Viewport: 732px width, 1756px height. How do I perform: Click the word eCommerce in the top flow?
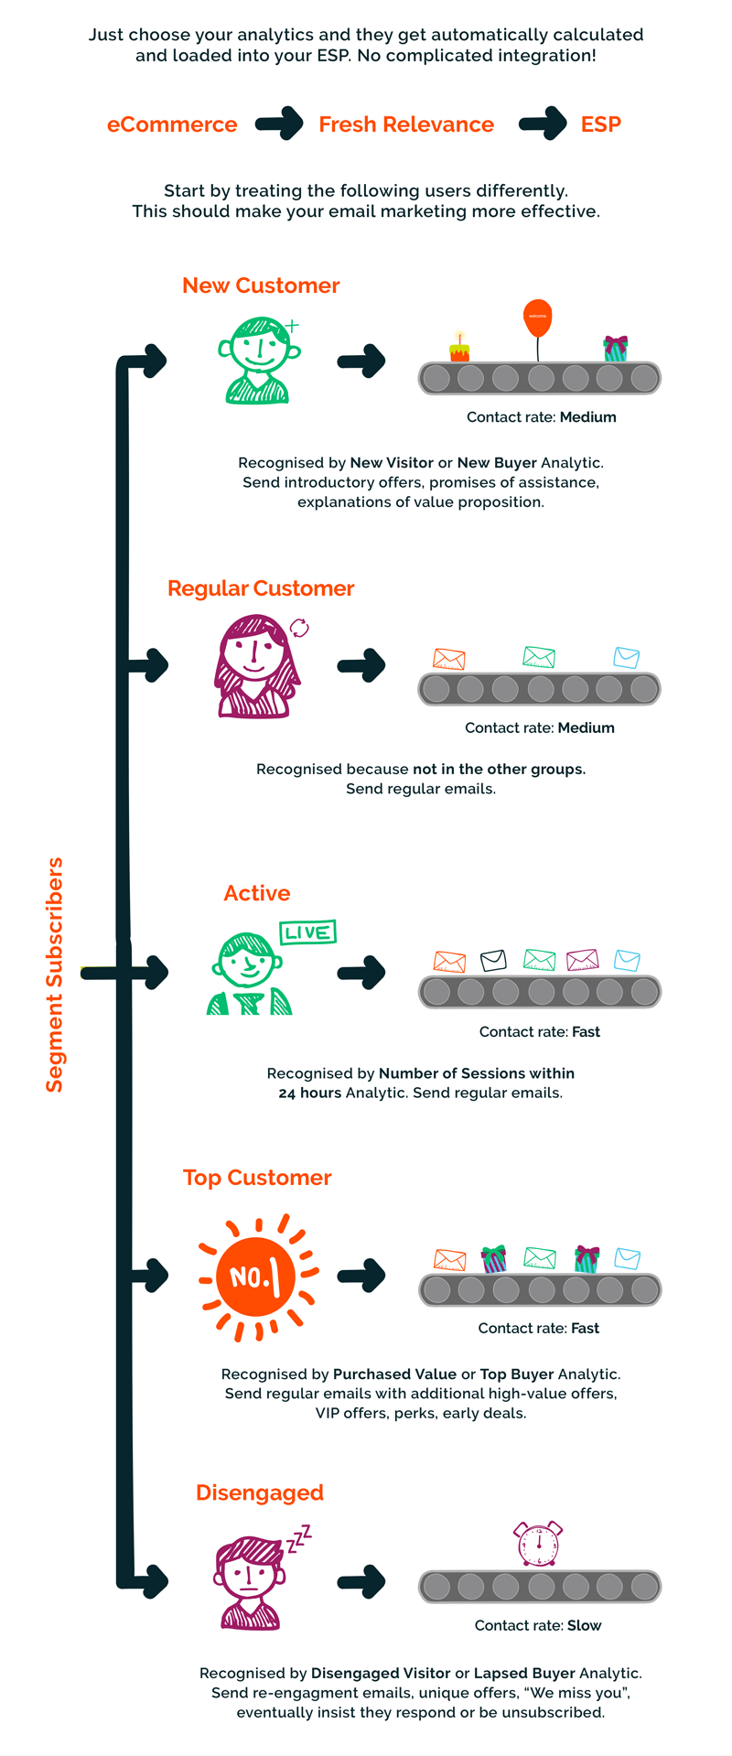coord(172,124)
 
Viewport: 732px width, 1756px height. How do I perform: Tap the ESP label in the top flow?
coord(601,124)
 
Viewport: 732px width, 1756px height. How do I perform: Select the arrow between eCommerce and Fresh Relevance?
coord(279,124)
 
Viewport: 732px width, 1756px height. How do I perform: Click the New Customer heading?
coord(261,285)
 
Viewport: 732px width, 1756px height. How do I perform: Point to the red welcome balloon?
coord(537,317)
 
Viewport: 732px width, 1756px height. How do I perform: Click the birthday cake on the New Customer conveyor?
coord(459,349)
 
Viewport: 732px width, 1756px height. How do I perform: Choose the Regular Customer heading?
coord(261,588)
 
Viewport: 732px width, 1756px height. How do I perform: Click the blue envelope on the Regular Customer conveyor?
coord(626,658)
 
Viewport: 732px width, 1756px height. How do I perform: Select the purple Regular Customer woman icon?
coord(257,666)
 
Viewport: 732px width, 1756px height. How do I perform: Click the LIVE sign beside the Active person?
coord(307,932)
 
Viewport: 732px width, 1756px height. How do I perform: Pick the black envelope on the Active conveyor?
coord(493,960)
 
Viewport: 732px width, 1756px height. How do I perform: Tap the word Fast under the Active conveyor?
coord(586,1032)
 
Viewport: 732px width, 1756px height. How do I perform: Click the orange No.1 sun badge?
coord(257,1277)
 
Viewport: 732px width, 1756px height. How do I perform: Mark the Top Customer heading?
coord(257,1178)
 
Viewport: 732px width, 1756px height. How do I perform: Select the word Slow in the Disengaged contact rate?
coord(584,1625)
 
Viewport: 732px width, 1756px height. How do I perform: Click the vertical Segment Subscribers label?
coord(55,975)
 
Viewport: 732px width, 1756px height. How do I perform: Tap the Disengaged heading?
coord(260,1492)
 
